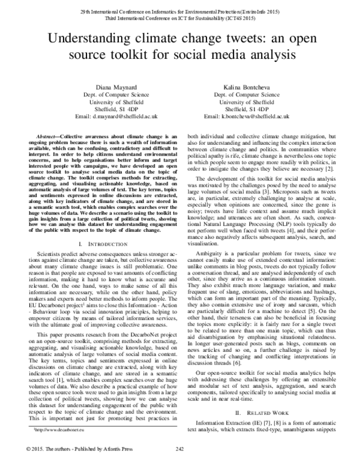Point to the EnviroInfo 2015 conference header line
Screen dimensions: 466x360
point(180,11)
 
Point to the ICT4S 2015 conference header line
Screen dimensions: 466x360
point(180,19)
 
